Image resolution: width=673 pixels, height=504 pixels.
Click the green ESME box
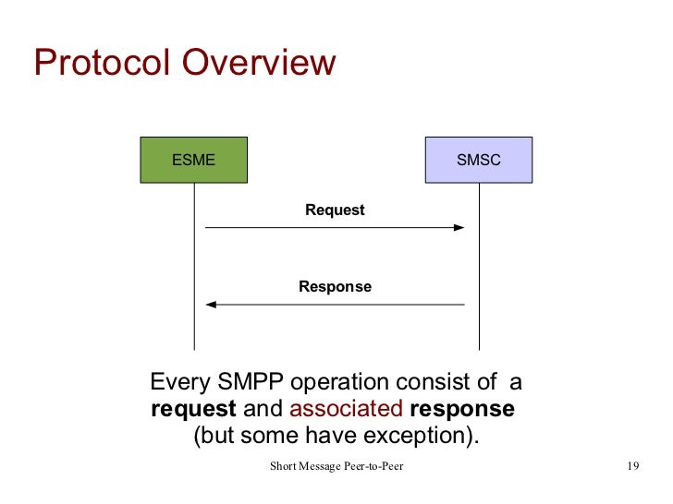point(194,160)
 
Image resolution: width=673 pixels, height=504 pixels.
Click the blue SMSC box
point(478,160)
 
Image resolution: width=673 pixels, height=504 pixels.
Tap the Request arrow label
point(335,210)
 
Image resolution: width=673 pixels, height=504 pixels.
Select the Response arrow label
point(335,287)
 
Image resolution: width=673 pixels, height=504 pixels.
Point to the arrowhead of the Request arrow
point(459,227)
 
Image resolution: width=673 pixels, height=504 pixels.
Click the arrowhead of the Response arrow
point(211,304)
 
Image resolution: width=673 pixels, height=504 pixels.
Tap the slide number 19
point(632,466)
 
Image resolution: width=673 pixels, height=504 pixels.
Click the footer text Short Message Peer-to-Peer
point(336,466)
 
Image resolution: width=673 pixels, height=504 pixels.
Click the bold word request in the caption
point(193,409)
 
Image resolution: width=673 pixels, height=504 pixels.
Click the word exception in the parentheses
point(427,436)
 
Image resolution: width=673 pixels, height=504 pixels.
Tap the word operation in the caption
point(335,382)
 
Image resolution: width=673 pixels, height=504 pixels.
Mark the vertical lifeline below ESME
point(194,268)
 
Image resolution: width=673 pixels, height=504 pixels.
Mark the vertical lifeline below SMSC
point(479,268)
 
